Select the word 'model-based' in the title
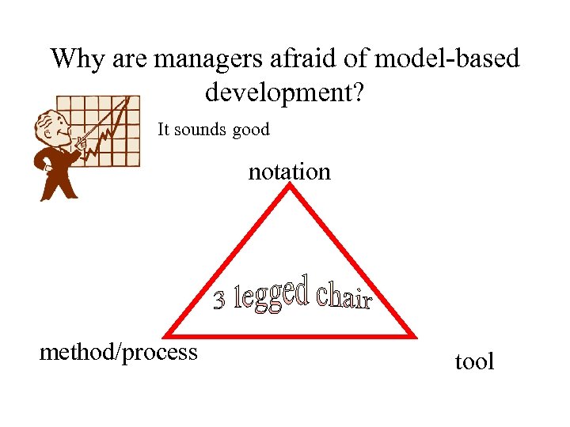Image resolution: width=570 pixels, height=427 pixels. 447,59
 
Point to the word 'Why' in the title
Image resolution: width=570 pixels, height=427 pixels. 78,59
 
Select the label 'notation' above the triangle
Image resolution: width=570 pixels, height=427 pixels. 289,172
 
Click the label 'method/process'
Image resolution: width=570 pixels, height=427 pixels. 119,351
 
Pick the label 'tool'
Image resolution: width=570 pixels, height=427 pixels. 474,362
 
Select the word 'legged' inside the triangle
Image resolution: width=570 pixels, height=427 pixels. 273,295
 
